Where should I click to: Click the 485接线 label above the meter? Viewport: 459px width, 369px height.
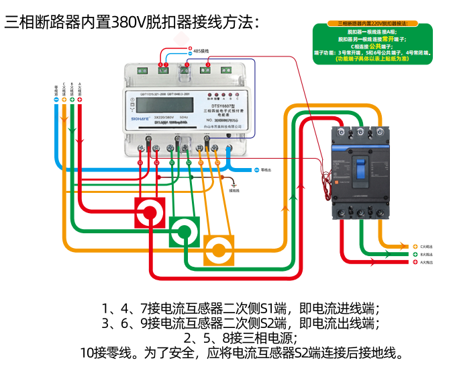point(201,50)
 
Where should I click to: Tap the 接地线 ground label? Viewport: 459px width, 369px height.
point(234,191)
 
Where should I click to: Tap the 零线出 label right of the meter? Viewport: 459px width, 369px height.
point(266,170)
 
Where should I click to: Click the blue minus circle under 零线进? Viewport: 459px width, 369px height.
point(56,99)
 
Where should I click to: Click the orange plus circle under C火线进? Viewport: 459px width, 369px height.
point(64,99)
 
